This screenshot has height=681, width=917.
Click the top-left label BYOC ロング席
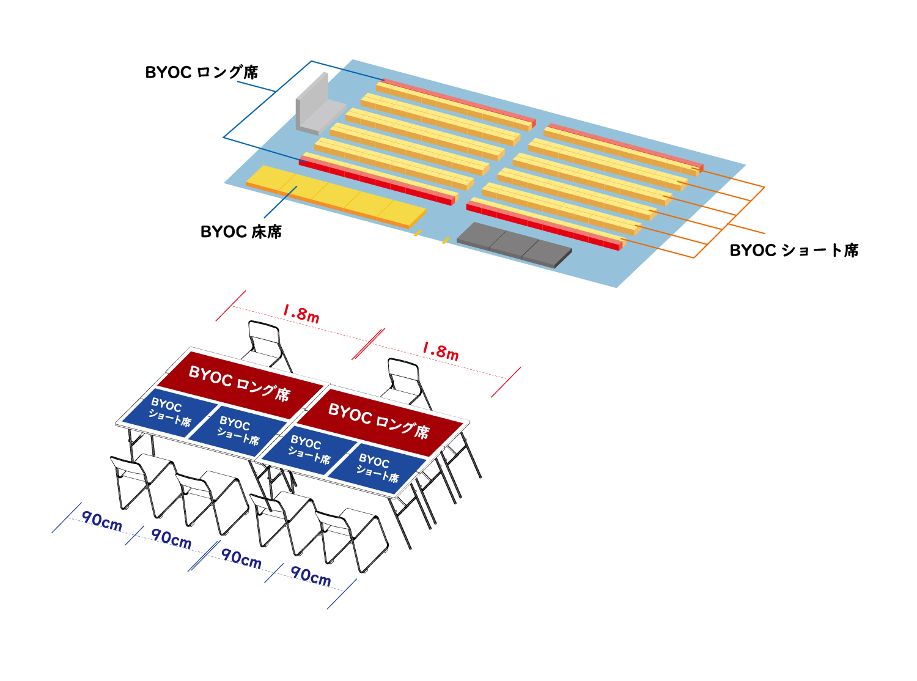[x=201, y=73]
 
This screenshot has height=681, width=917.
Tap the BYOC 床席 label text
[x=241, y=232]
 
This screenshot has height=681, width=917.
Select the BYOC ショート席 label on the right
[x=794, y=251]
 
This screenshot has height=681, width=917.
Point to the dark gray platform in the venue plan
[x=514, y=243]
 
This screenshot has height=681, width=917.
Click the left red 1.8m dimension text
[x=301, y=314]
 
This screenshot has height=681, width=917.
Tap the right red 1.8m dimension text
[x=440, y=351]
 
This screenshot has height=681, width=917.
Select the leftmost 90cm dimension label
[x=101, y=521]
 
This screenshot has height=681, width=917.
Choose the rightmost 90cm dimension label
[x=311, y=576]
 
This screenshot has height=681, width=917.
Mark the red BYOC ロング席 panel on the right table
[x=379, y=421]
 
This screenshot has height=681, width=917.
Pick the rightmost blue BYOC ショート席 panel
[x=378, y=468]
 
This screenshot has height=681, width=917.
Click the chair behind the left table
[x=267, y=342]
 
